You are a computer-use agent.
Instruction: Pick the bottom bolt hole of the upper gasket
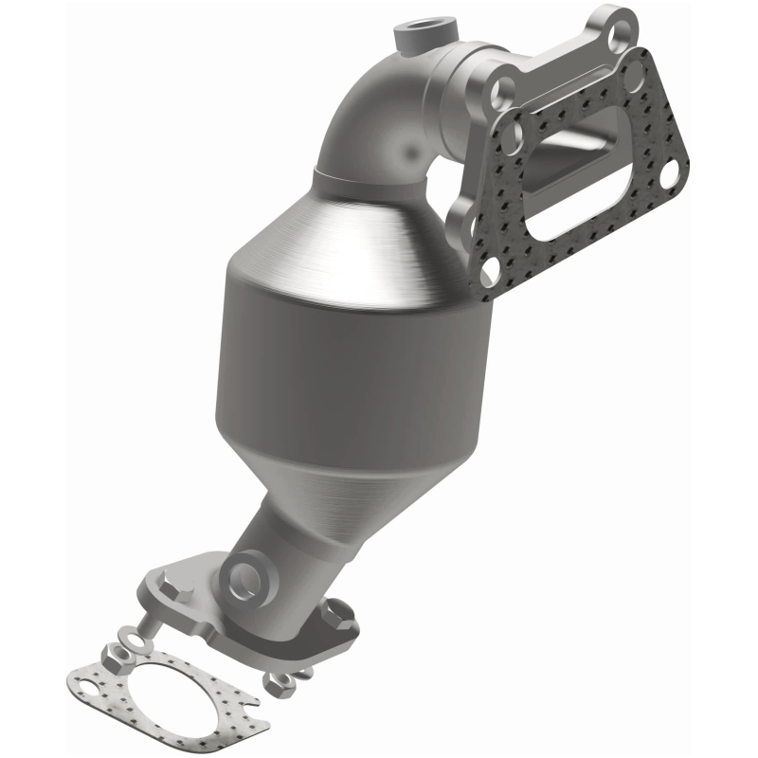pos(490,276)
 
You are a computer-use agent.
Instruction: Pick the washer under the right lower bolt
pos(303,674)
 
